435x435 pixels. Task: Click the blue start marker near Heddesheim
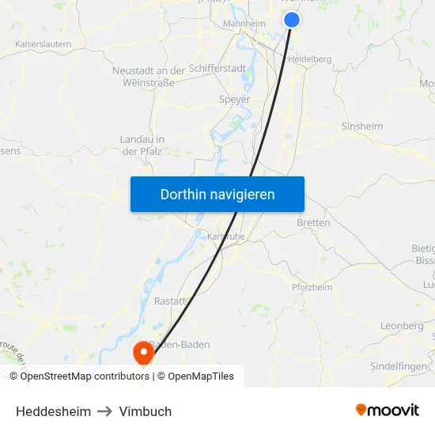(x=292, y=20)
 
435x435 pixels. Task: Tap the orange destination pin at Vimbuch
(x=143, y=353)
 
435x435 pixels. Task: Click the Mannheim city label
(x=245, y=25)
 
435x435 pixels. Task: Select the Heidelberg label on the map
(x=309, y=59)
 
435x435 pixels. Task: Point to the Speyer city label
(x=234, y=100)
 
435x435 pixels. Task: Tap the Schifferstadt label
(x=217, y=69)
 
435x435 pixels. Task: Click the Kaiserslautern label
(x=43, y=44)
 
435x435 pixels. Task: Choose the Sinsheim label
(x=361, y=127)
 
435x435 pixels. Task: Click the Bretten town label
(x=313, y=223)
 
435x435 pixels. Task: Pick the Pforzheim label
(x=312, y=287)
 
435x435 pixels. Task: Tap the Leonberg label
(x=402, y=326)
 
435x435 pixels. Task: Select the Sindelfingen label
(x=399, y=367)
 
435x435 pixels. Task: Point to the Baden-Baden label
(x=180, y=345)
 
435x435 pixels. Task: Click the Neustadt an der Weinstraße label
(x=149, y=77)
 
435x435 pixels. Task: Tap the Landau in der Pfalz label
(x=142, y=145)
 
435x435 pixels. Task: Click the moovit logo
(x=388, y=410)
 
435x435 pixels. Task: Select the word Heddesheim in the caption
(x=53, y=411)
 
